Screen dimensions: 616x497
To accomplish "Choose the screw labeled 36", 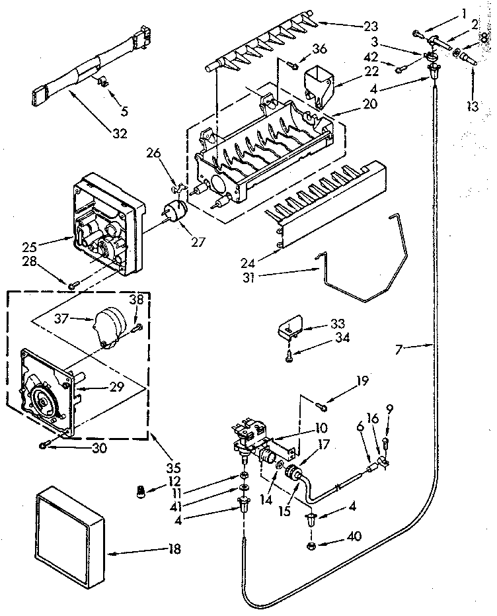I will [291, 64].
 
